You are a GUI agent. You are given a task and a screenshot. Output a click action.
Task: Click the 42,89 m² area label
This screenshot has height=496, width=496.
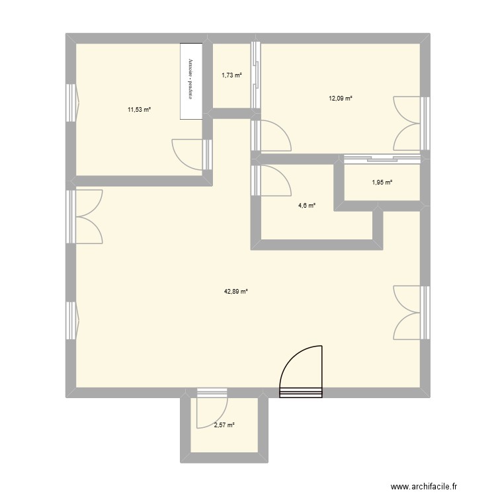[235, 291]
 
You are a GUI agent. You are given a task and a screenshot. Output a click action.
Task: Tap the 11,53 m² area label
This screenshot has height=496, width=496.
[140, 109]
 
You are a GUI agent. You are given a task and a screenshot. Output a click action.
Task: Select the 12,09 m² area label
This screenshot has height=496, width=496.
[340, 99]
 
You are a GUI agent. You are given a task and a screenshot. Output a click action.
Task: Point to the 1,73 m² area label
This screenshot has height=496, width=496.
[231, 75]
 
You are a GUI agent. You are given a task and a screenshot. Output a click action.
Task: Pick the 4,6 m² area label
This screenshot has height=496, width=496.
[306, 206]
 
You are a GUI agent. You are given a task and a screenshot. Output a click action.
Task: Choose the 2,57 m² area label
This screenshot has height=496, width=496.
[224, 426]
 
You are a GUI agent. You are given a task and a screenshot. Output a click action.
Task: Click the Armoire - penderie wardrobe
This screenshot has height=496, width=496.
[190, 81]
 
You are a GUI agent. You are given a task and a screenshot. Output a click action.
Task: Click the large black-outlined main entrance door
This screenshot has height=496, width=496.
[302, 374]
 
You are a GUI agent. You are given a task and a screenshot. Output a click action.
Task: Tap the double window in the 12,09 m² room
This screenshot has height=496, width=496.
[410, 124]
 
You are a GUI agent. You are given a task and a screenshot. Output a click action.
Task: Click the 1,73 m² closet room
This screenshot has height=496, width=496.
[231, 89]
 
